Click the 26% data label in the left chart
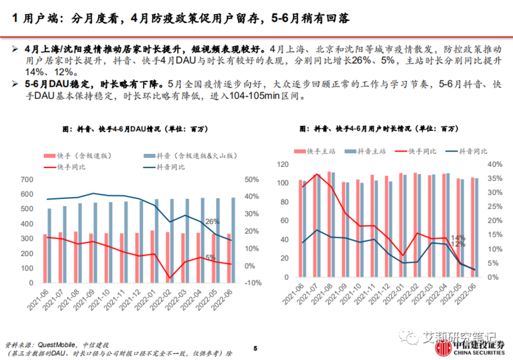(x=212, y=222)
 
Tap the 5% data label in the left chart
(x=210, y=257)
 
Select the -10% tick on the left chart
(x=253, y=283)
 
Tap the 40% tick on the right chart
(x=493, y=165)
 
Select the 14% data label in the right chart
(x=457, y=238)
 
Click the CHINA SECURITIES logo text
(x=479, y=352)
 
